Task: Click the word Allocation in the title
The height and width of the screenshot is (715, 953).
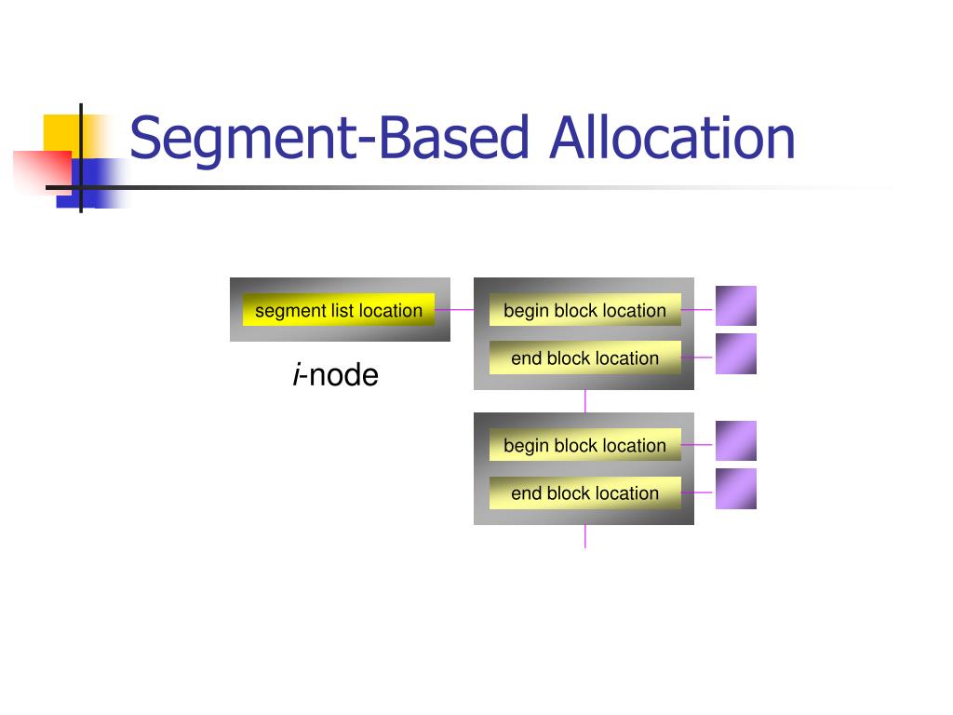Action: tap(672, 138)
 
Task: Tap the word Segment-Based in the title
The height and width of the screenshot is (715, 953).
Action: tap(330, 138)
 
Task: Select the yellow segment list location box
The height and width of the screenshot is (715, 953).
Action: tap(339, 310)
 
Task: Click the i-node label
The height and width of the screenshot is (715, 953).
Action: tap(336, 375)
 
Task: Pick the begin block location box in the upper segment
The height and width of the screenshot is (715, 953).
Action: tap(584, 310)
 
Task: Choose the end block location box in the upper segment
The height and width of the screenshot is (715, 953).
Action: tap(584, 357)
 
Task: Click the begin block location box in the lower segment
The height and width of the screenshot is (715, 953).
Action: tap(584, 445)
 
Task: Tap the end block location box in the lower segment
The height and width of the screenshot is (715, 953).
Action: tap(584, 492)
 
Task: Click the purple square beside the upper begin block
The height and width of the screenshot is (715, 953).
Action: tap(735, 306)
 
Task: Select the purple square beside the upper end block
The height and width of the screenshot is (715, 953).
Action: tap(735, 354)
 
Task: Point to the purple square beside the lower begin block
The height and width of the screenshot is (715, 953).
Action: tap(735, 441)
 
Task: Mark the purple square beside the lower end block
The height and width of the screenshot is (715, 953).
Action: tap(735, 489)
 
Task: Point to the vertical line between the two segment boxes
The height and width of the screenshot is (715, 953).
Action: tap(585, 401)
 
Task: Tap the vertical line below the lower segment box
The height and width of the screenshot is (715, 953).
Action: tap(585, 536)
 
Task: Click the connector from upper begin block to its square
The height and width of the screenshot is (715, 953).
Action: tap(698, 310)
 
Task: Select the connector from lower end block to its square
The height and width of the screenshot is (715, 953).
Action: tap(698, 492)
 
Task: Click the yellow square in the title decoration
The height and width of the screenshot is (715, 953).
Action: tap(59, 130)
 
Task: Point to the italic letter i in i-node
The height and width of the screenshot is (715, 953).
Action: tap(296, 375)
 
